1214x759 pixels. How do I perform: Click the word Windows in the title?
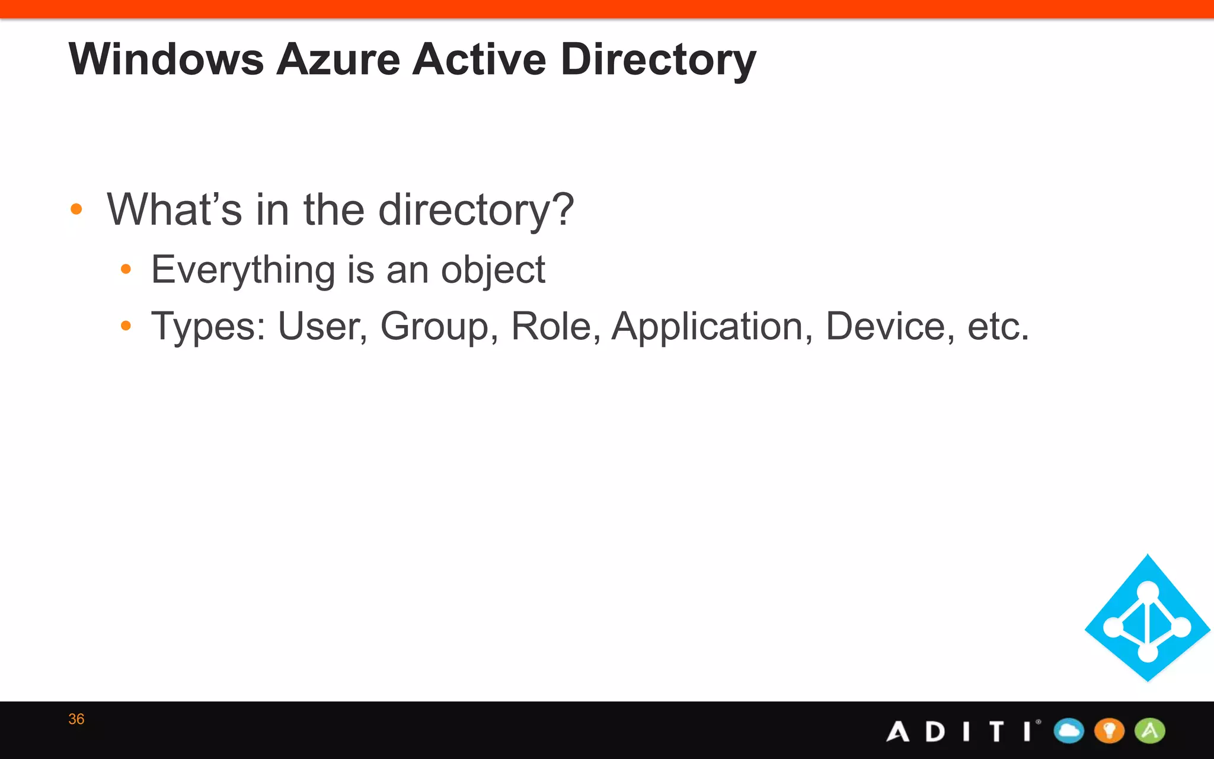(166, 59)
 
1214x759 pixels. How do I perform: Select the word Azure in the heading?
(338, 59)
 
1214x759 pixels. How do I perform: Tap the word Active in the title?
(479, 59)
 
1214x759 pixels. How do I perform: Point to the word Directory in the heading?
(658, 60)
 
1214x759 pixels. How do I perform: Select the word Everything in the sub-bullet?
(243, 270)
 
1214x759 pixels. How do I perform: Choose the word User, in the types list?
(322, 327)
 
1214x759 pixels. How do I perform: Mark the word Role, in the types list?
(555, 327)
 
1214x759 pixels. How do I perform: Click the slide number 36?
(76, 719)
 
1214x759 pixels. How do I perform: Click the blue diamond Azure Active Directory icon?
(1148, 618)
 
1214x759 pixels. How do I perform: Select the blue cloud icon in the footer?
(1069, 731)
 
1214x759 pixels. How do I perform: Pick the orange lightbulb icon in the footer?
(1109, 731)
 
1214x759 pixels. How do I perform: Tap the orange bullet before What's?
(76, 209)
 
